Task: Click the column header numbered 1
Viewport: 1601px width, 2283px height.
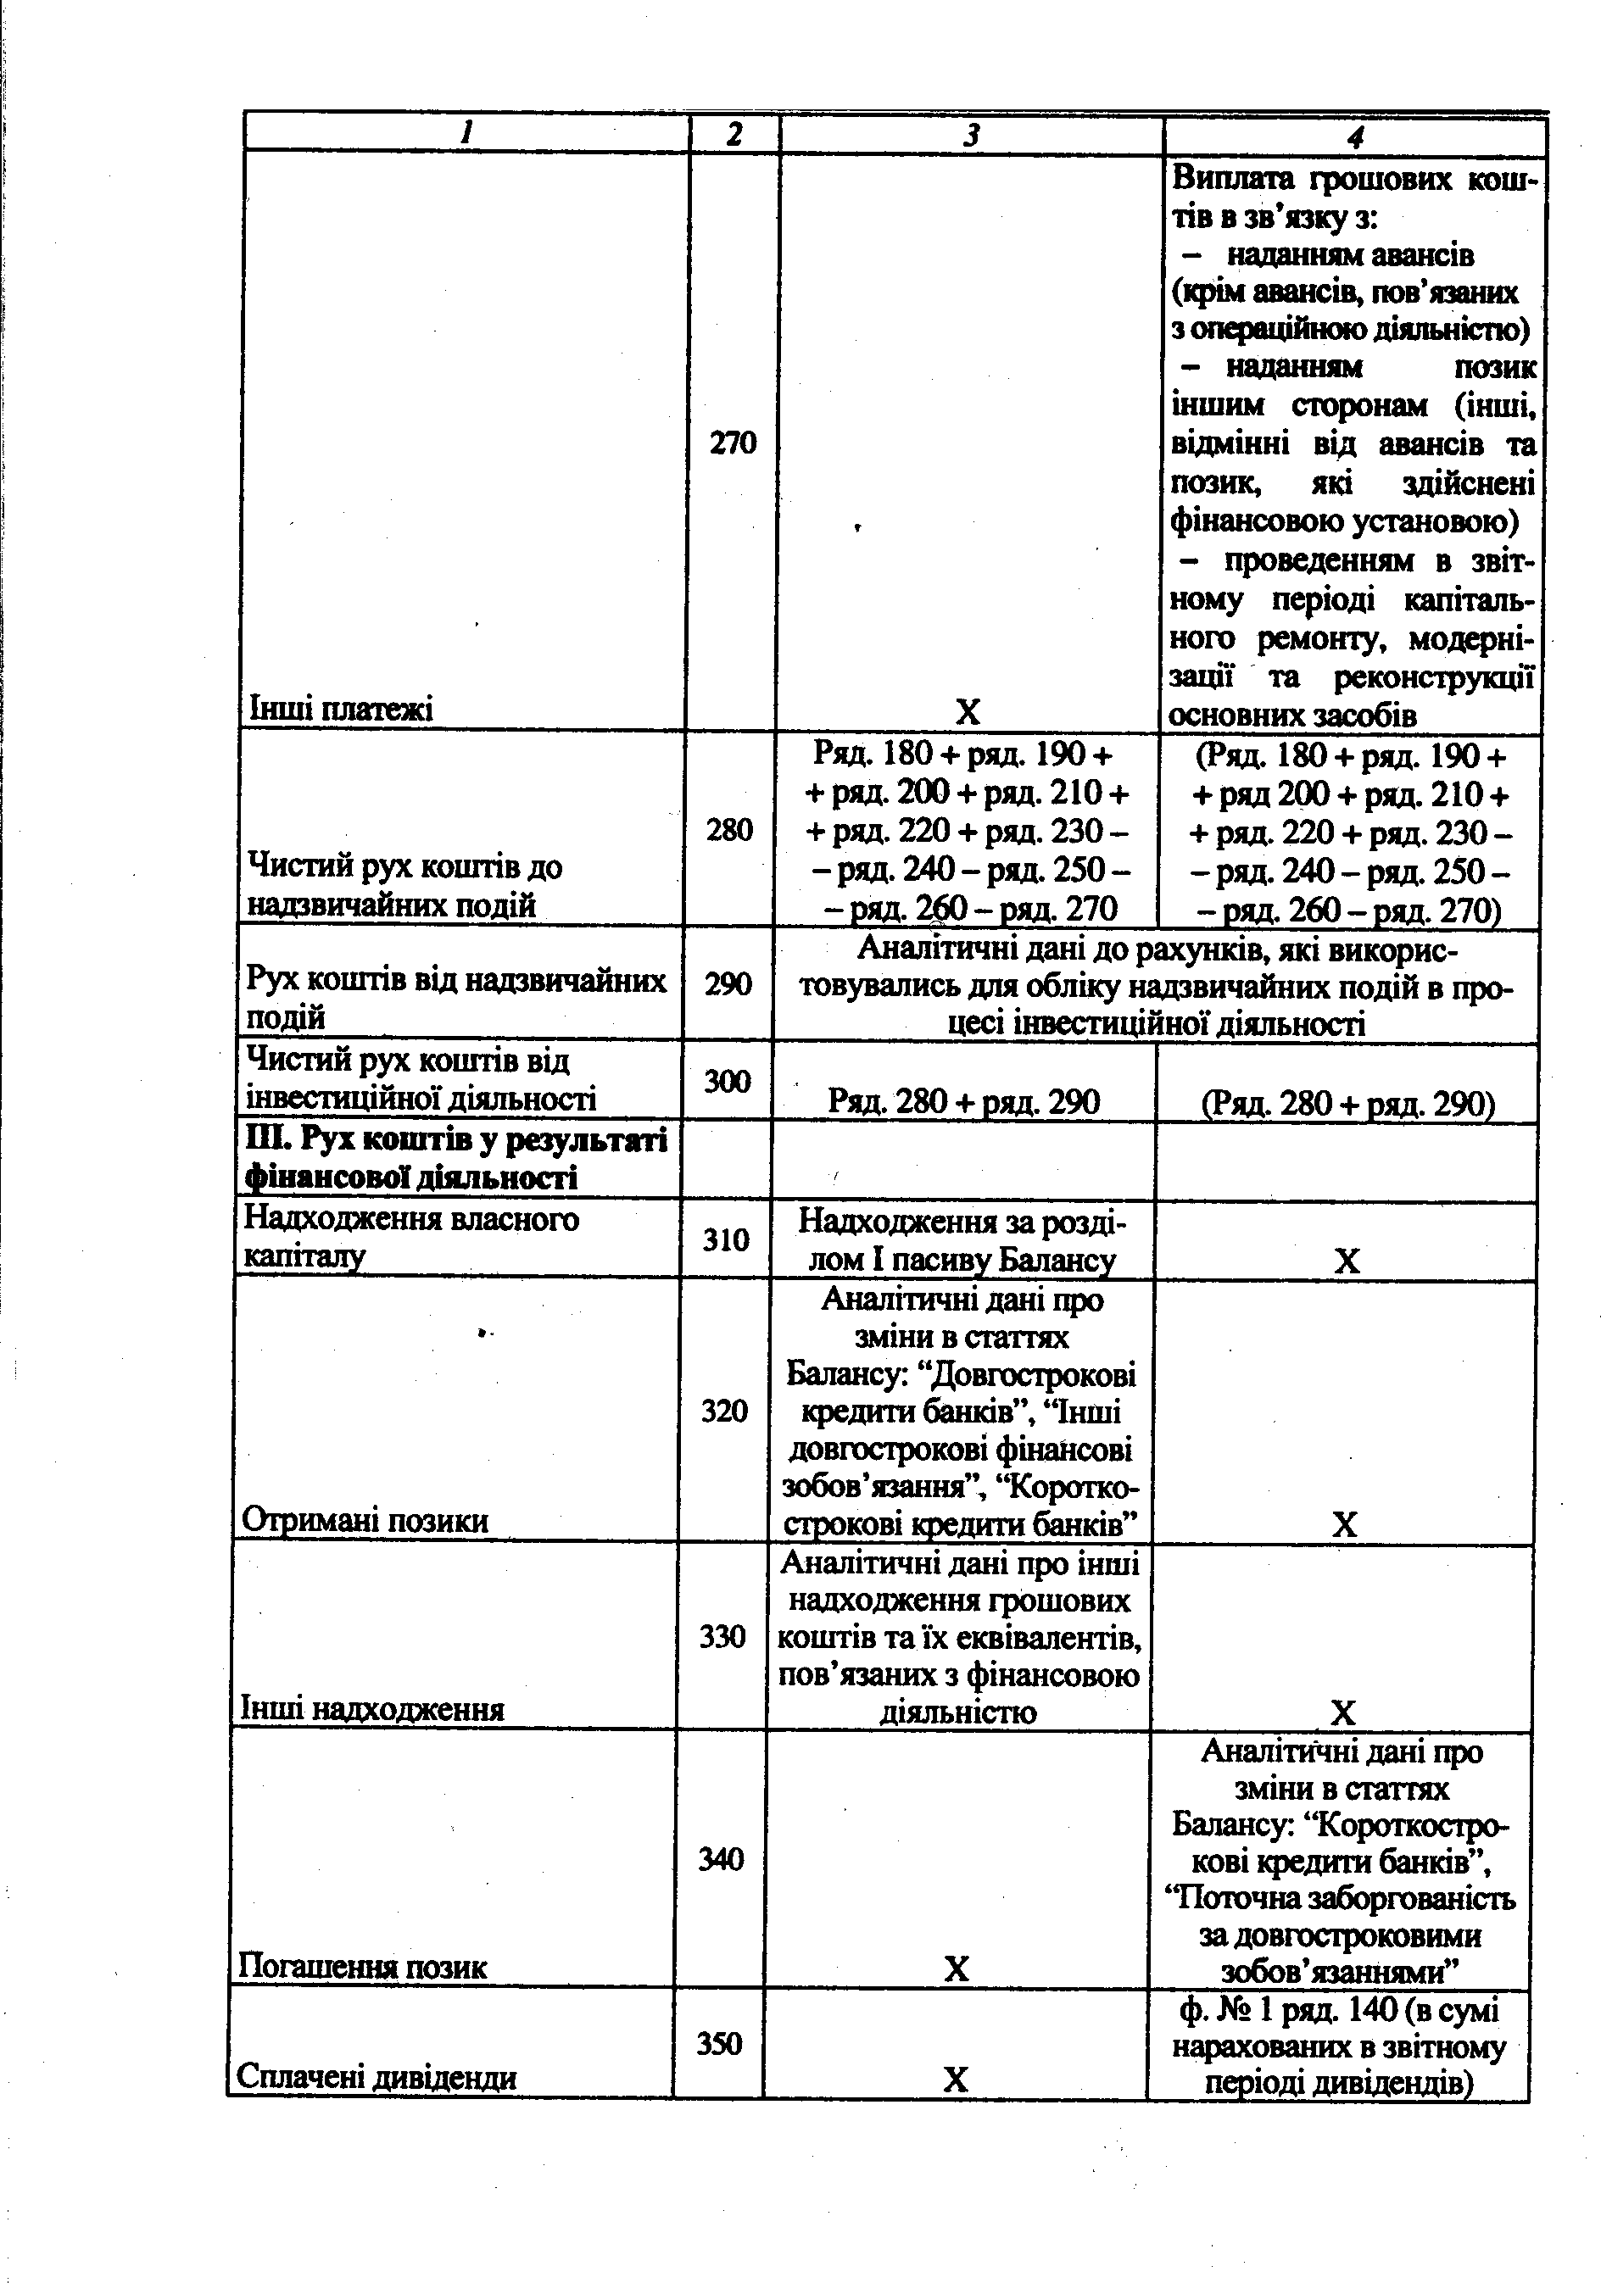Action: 466,134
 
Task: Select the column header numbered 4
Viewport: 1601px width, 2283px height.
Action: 1355,136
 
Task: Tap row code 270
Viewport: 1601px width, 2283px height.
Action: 733,443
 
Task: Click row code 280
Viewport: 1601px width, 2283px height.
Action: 729,829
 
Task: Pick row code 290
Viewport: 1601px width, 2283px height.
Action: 728,983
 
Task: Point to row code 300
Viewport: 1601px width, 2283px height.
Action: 727,1081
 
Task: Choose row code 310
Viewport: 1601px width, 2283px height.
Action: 725,1239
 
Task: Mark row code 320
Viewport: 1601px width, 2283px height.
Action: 723,1410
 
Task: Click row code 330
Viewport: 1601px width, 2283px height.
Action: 722,1635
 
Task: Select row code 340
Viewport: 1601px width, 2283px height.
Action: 721,1858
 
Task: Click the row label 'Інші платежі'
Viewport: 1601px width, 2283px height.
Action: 341,710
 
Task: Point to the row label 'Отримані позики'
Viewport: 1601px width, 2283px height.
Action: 365,1520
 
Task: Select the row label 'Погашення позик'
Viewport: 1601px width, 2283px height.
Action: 363,1967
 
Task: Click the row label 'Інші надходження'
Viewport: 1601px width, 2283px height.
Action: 373,1709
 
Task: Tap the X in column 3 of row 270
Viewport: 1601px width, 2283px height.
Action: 968,712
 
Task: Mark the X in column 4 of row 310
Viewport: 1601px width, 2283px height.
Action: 1347,1261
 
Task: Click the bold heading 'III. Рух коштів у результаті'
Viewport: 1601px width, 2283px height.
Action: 456,1140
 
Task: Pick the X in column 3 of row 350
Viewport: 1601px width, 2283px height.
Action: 955,2080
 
